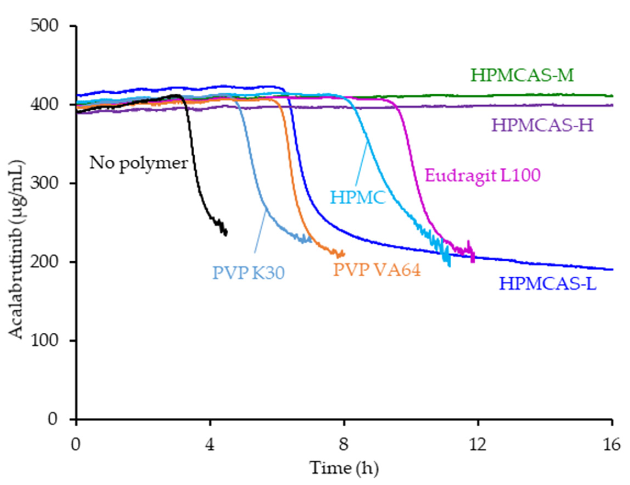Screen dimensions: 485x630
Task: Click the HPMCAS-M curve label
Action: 522,75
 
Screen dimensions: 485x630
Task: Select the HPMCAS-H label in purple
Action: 542,126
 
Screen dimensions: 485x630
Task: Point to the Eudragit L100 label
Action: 483,175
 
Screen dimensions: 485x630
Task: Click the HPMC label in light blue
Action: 358,198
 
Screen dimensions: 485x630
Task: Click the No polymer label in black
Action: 139,163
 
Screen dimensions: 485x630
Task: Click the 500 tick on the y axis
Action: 44,26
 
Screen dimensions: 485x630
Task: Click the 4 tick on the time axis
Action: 210,445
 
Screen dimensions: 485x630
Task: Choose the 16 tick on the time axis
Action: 612,445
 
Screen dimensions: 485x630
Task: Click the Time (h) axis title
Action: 344,468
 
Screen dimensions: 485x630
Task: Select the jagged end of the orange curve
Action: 342,254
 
